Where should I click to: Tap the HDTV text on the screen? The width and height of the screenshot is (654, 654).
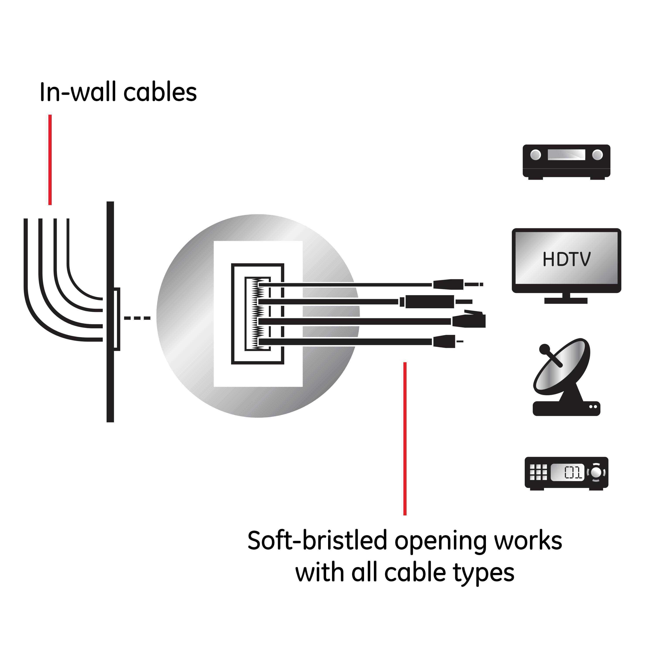[566, 259]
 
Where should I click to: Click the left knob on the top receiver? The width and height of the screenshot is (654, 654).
[536, 155]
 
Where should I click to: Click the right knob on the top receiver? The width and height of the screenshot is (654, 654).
[598, 155]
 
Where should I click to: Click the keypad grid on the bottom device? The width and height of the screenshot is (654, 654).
[538, 472]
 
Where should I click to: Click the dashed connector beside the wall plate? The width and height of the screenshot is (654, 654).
[137, 318]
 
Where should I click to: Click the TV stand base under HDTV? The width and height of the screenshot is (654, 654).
[566, 300]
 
